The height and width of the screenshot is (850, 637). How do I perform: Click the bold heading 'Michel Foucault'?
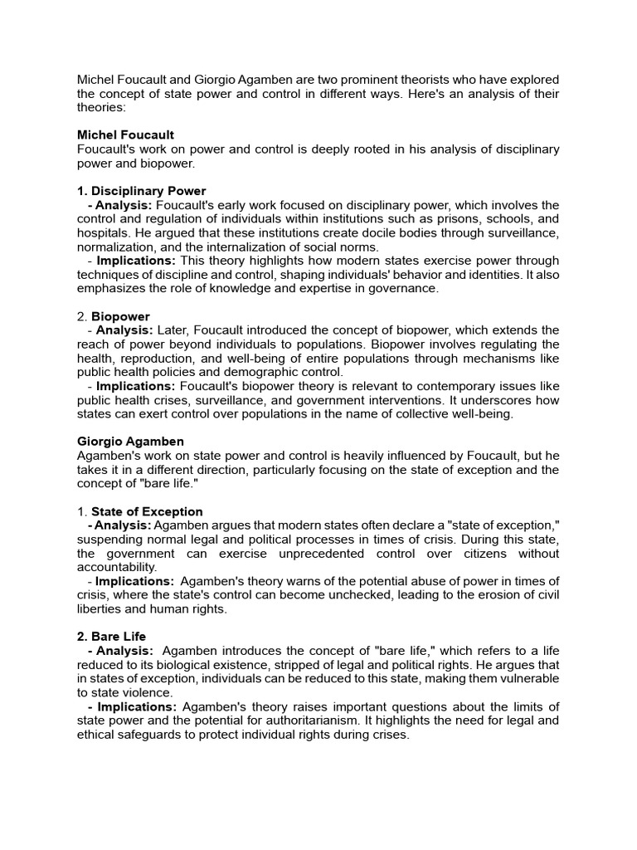tap(125, 134)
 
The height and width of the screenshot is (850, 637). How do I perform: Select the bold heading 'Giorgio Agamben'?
tap(130, 441)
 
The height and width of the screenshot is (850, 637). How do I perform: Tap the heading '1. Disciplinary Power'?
tap(141, 191)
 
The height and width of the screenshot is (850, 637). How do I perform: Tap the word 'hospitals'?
tap(105, 233)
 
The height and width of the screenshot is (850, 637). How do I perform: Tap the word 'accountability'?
tap(116, 568)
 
